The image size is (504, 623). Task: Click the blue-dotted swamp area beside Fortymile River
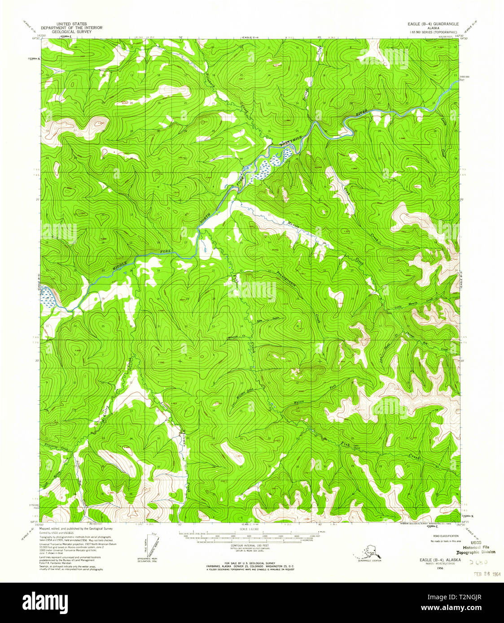269,163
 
